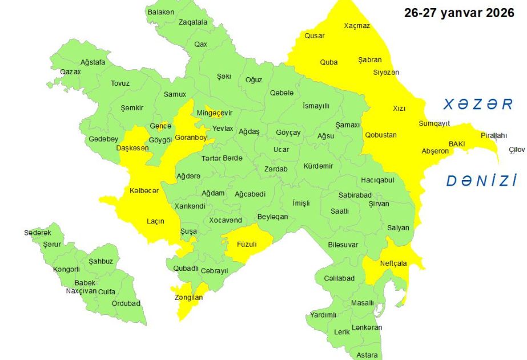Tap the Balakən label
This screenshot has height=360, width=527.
(160, 11)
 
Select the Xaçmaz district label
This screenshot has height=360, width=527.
(357, 26)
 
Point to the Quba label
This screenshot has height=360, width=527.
(328, 62)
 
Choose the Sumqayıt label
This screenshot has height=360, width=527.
(435, 123)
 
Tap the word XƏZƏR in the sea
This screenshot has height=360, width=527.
(478, 104)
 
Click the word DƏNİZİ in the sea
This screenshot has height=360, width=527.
(481, 181)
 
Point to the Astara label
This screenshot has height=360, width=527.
(367, 355)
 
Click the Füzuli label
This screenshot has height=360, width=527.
(247, 244)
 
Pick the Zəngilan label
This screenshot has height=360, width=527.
(188, 297)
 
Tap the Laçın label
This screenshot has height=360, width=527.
(156, 221)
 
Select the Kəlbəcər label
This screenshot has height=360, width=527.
(144, 190)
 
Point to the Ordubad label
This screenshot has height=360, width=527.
(126, 303)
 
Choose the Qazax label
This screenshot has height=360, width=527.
(70, 72)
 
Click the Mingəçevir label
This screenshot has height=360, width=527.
(215, 113)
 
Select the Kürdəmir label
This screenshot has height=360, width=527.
(318, 165)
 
